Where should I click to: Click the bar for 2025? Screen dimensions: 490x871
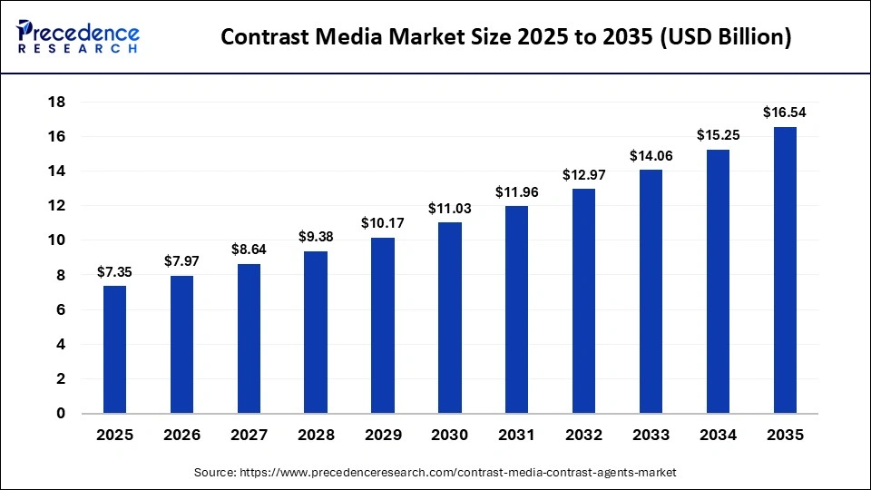(x=114, y=349)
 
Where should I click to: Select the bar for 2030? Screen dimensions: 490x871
(x=450, y=318)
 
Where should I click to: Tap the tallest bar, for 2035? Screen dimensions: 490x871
(x=785, y=270)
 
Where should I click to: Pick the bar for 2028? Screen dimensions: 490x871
(x=316, y=332)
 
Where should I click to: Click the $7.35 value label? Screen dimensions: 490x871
(x=114, y=272)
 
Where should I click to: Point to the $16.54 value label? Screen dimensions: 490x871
(x=785, y=113)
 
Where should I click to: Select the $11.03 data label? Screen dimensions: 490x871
(x=450, y=209)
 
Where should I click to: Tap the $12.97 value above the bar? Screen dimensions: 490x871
(x=584, y=175)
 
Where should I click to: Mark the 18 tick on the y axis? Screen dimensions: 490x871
(x=55, y=102)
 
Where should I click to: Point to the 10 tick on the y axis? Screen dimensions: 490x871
(x=55, y=240)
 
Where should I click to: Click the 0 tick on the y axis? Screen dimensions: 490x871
(x=60, y=414)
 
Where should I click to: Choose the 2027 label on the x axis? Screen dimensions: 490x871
(x=249, y=436)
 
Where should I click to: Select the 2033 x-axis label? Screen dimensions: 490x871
(x=651, y=436)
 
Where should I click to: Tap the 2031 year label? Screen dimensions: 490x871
(x=517, y=436)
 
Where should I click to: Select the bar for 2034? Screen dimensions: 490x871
(x=718, y=281)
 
